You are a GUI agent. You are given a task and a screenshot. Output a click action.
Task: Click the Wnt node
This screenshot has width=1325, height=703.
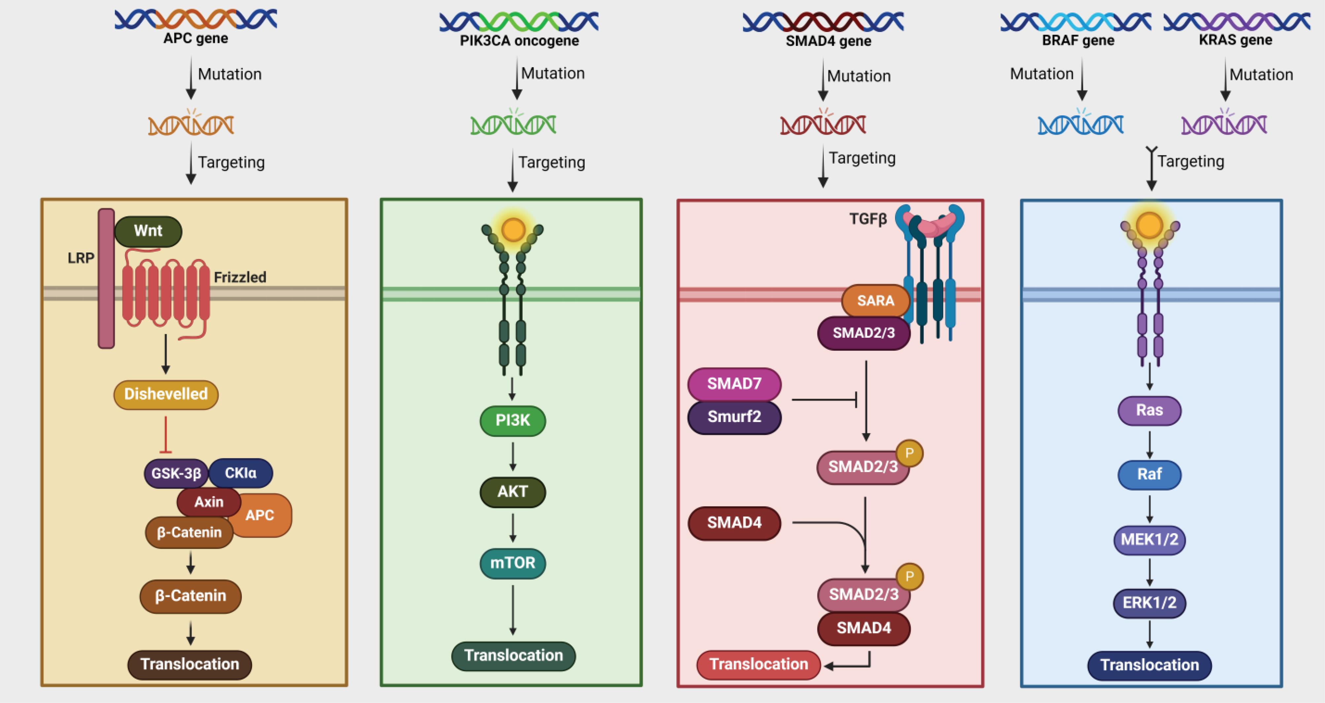tap(148, 231)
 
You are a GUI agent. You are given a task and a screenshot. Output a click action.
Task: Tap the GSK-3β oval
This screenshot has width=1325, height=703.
tap(176, 473)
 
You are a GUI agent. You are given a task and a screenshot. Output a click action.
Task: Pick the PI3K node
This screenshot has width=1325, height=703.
tap(512, 421)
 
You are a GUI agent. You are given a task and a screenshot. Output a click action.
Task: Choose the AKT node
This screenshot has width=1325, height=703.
tap(512, 492)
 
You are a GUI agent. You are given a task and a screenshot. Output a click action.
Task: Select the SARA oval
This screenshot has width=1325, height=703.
tap(875, 300)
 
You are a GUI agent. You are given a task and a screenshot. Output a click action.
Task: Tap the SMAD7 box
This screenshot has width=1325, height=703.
tap(734, 384)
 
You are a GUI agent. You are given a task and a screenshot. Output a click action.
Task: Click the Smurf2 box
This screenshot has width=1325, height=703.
tap(734, 417)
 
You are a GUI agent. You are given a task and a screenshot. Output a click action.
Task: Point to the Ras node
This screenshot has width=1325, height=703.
tap(1149, 410)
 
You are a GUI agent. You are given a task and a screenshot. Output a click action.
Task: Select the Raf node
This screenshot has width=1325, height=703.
tap(1149, 474)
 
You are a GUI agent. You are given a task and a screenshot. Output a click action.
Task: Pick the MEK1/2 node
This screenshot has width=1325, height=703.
tap(1149, 539)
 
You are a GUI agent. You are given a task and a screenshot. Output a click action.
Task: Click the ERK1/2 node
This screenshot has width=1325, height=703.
tap(1149, 603)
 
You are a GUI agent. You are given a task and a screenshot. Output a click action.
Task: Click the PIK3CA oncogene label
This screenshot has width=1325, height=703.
tap(519, 41)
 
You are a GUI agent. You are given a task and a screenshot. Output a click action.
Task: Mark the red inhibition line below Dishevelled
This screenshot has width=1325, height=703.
tap(166, 434)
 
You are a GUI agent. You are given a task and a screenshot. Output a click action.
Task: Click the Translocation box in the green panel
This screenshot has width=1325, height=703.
tap(513, 656)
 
